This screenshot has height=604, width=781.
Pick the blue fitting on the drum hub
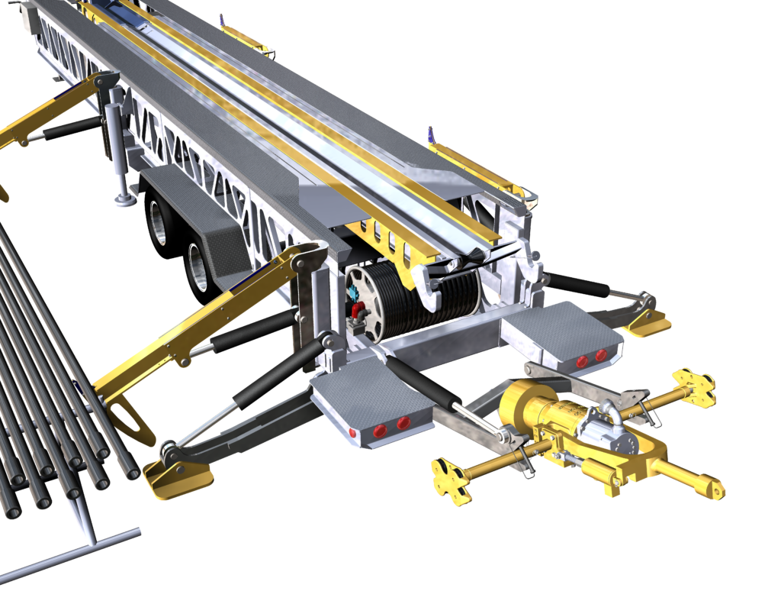point(352,293)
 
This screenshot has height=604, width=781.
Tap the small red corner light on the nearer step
point(352,433)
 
